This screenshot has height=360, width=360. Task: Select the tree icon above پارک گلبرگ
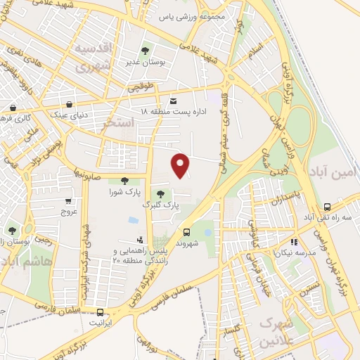(x=161, y=193)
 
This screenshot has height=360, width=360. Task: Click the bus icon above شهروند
(x=186, y=232)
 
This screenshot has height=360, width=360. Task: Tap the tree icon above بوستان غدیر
(x=146, y=51)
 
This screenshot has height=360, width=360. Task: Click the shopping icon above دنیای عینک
(x=69, y=103)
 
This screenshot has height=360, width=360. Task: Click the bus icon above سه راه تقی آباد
(x=327, y=207)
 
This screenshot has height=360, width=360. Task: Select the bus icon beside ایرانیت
(x=101, y=312)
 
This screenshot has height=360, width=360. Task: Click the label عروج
(x=69, y=211)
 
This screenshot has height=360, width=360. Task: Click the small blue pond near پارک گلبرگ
(x=133, y=220)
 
